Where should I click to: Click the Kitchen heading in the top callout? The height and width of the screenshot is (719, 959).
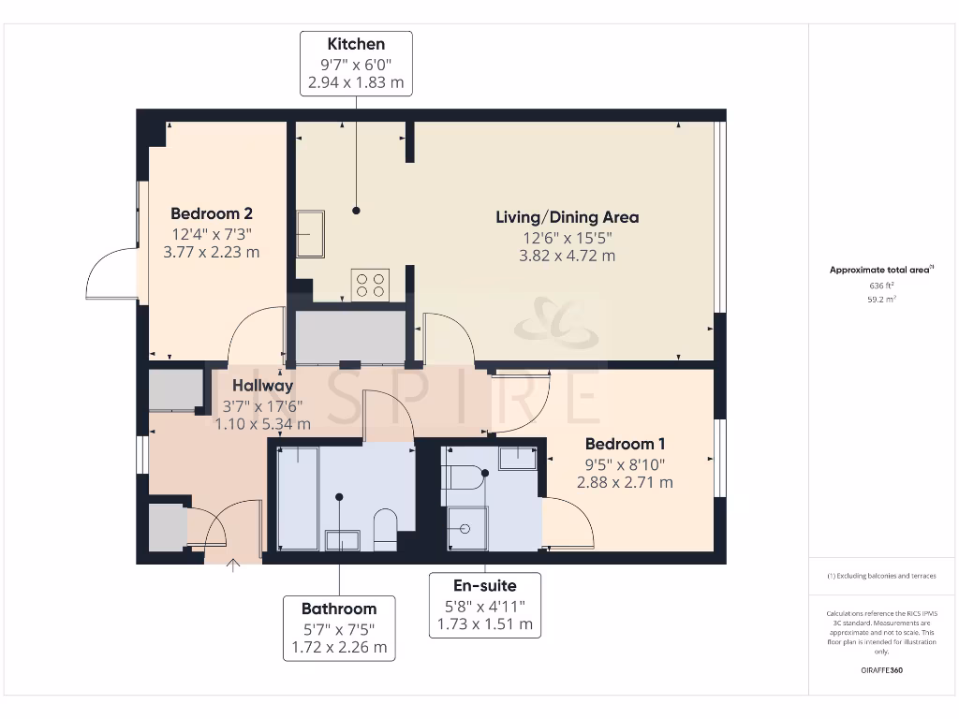tap(356, 44)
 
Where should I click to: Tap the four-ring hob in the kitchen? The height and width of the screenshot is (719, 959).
tap(370, 286)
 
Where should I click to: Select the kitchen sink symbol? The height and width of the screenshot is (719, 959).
tap(311, 234)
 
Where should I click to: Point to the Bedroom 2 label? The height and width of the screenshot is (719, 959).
tap(212, 213)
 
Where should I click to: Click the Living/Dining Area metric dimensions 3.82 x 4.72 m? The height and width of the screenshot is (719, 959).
tap(567, 256)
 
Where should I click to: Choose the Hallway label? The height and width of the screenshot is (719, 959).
tap(263, 386)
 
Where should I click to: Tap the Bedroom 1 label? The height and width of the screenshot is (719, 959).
tap(625, 444)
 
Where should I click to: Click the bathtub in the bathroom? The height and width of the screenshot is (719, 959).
tap(298, 498)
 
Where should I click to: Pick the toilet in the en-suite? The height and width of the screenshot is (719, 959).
tap(465, 477)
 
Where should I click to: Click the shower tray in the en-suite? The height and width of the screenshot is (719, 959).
tap(468, 528)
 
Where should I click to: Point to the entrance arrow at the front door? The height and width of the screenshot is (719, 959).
tap(233, 565)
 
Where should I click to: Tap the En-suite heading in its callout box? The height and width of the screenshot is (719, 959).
tap(485, 586)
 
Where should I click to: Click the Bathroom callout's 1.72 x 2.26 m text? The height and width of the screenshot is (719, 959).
tap(339, 647)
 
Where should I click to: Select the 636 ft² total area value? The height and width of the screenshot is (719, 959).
tap(882, 286)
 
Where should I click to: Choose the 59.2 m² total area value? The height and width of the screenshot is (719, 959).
tap(882, 300)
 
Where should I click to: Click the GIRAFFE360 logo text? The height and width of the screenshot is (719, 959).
tap(882, 670)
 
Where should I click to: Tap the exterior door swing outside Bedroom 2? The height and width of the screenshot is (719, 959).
tap(111, 272)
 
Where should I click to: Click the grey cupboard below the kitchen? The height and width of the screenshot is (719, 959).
tap(350, 337)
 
